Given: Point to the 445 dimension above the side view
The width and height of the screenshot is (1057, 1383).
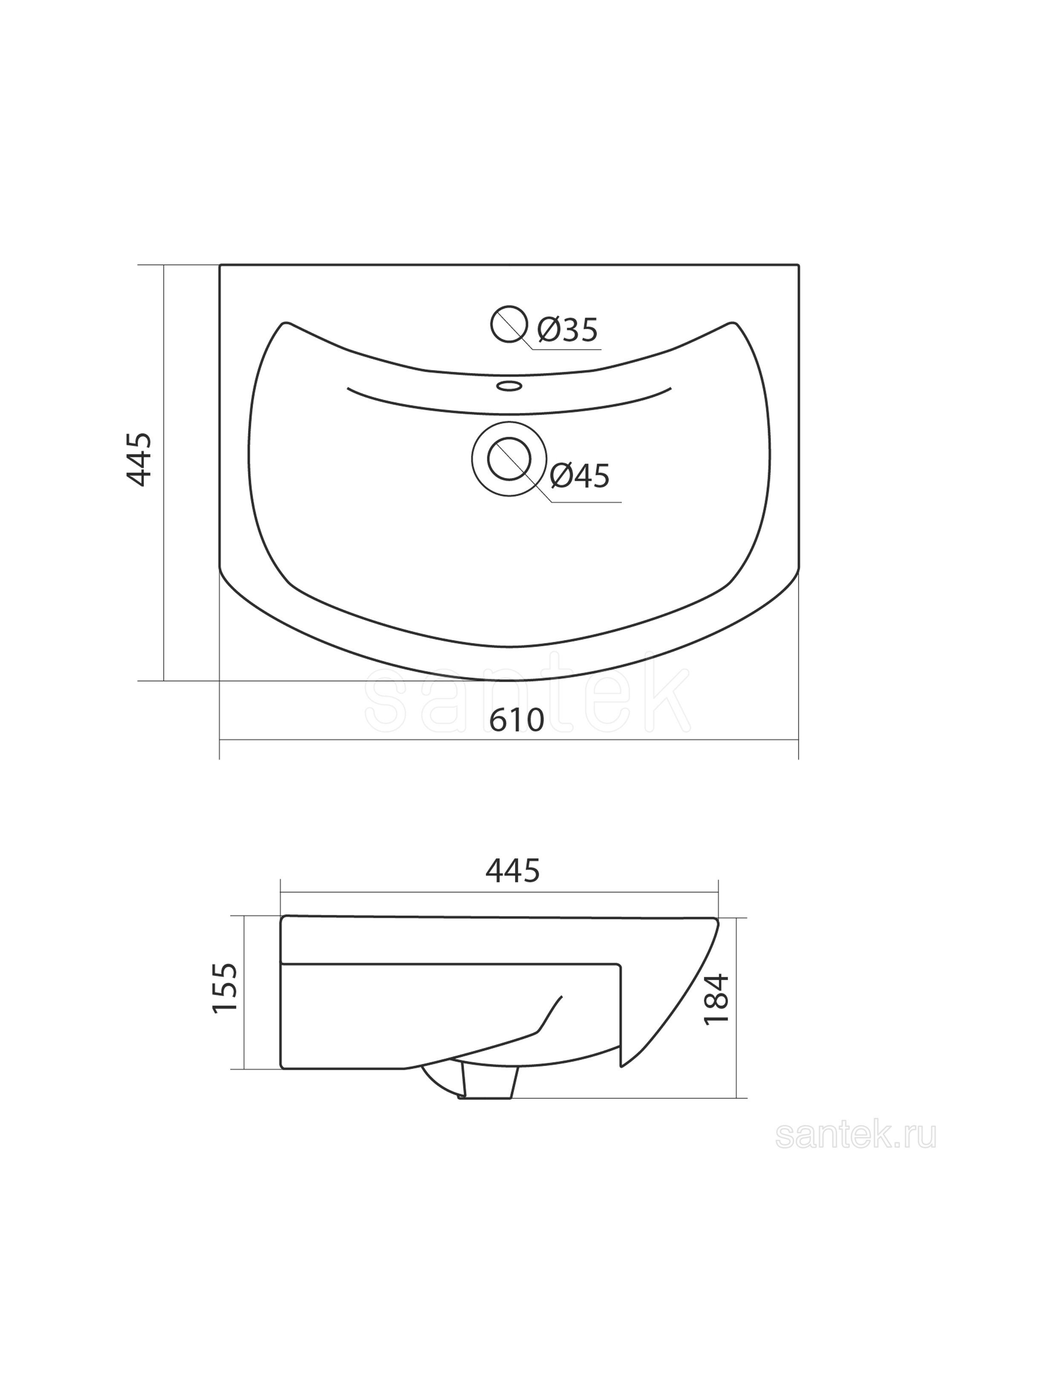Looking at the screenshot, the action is tap(513, 871).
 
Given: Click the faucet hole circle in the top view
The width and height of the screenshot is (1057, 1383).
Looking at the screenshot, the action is tap(508, 324).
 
